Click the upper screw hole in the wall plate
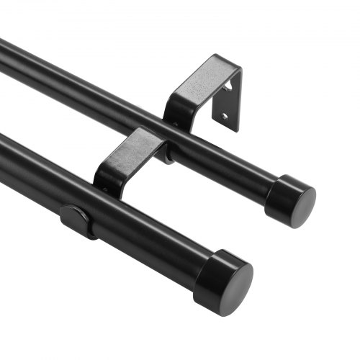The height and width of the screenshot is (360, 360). tap(229, 86)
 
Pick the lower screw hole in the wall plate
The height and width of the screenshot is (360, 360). tap(224, 115)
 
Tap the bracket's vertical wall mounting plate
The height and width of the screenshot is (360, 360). tap(228, 101)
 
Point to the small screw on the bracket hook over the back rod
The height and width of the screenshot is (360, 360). tap(175, 124)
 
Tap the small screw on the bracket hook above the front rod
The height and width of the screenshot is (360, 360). tap(106, 189)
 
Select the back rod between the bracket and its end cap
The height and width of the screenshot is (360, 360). tap(230, 162)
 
